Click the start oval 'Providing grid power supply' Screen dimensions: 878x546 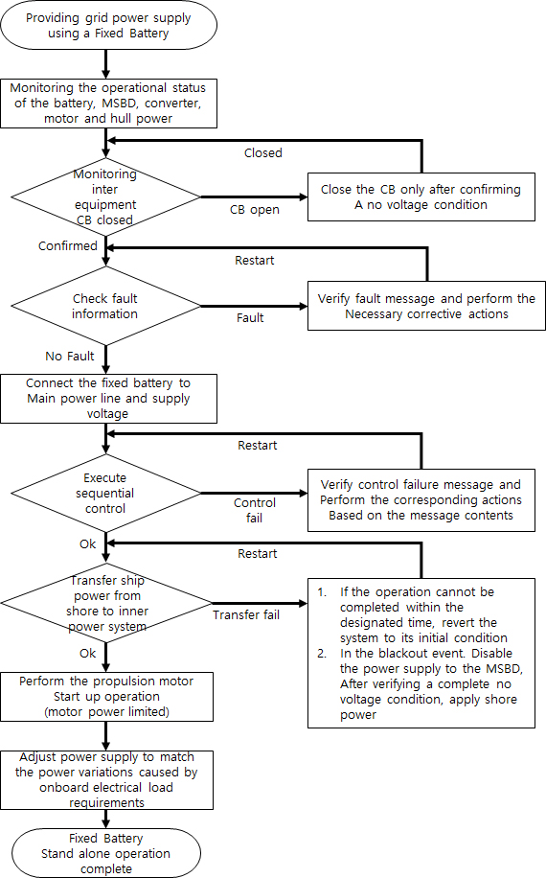point(108,26)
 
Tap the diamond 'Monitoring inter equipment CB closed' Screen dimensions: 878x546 point(105,196)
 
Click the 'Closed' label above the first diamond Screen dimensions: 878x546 point(262,152)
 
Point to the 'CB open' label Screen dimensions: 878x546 point(254,209)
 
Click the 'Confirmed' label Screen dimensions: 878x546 point(68,246)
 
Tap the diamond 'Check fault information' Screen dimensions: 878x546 point(105,307)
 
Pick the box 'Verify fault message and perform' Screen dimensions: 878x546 point(426,307)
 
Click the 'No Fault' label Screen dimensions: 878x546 point(70,357)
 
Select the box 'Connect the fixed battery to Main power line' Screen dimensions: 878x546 point(108,398)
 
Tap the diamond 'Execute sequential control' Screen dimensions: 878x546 point(105,493)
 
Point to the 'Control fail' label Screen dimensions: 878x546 point(255,510)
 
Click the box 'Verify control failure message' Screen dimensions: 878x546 point(421,499)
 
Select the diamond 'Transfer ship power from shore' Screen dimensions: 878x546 point(105,604)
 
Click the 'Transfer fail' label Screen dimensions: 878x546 point(246,615)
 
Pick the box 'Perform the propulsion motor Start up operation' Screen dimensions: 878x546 point(108,697)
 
